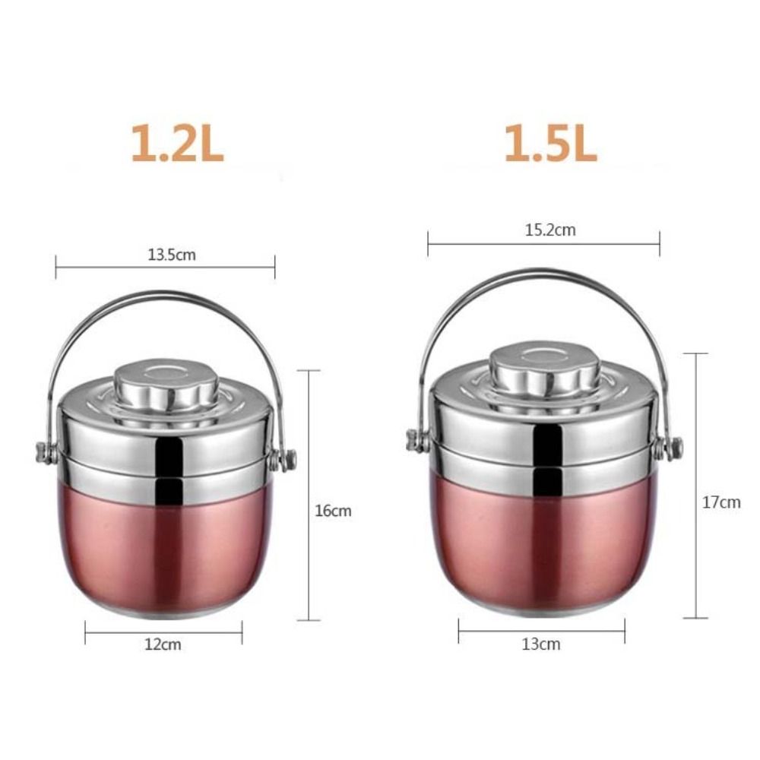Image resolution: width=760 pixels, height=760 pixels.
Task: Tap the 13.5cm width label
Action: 171,255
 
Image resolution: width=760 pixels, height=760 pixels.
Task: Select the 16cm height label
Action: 333,511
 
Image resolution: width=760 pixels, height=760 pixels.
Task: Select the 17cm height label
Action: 720,502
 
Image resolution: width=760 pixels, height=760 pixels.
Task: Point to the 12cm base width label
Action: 163,644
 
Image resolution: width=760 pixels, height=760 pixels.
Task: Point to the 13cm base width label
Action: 540,644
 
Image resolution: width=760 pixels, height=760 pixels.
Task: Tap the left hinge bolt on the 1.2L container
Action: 43,453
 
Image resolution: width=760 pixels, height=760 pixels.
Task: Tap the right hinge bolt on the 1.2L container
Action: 289,459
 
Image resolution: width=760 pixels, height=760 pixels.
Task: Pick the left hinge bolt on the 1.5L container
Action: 414,440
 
